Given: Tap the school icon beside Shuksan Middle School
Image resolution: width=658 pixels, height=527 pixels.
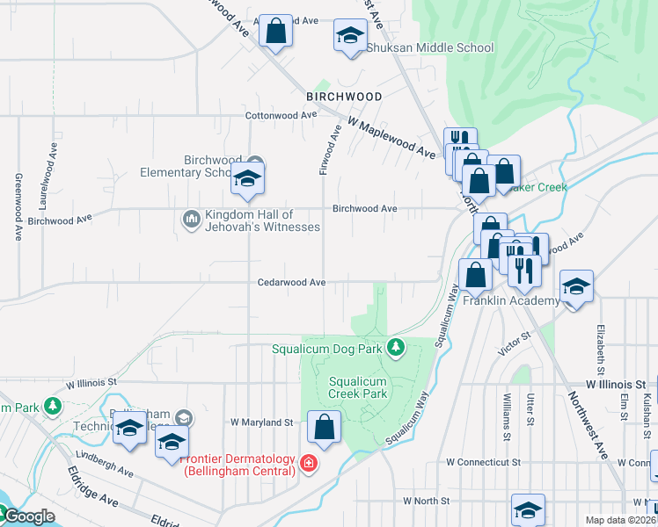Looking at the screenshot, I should (x=350, y=37).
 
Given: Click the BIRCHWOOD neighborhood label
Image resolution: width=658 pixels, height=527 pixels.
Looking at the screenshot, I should (x=344, y=97).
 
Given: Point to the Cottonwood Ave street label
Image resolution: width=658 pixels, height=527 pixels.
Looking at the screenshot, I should (x=281, y=115).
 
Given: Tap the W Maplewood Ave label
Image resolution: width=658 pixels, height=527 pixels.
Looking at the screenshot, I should (x=392, y=139).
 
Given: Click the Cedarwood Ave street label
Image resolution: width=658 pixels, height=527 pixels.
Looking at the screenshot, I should (x=291, y=283).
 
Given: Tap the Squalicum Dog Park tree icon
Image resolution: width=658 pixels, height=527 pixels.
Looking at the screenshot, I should (x=396, y=349).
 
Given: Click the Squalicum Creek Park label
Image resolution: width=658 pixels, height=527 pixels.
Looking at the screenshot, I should (x=358, y=388).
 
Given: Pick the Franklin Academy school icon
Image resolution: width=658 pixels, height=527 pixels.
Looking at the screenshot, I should (x=576, y=286).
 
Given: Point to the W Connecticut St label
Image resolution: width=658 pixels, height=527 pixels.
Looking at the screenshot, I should (x=483, y=462).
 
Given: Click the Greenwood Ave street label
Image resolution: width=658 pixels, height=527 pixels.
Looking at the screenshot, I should (x=18, y=206).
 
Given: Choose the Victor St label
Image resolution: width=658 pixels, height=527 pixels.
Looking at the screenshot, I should (x=515, y=343).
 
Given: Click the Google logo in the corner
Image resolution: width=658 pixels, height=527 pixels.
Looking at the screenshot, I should (x=28, y=517).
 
